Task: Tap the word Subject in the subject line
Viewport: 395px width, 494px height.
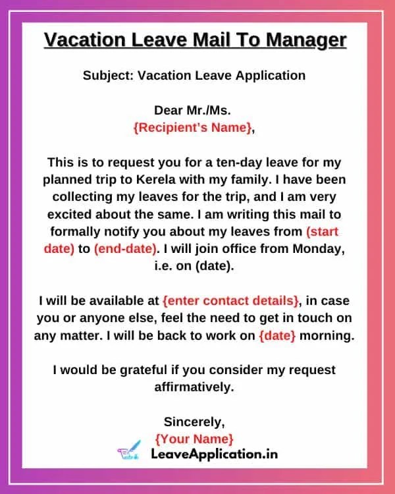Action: click(107, 75)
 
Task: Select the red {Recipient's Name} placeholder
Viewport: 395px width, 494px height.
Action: click(192, 128)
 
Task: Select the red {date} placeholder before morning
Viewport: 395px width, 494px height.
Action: click(277, 335)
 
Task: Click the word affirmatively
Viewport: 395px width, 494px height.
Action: click(194, 387)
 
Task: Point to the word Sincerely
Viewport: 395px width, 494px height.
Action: click(194, 421)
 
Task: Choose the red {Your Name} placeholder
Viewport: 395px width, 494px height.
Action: click(194, 438)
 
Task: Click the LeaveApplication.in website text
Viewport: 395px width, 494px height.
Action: click(214, 454)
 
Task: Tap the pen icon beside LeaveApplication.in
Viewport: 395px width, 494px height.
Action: click(129, 452)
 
